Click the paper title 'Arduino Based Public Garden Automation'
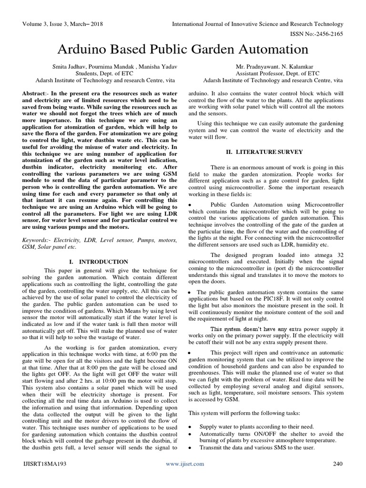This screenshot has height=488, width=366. coord(183,50)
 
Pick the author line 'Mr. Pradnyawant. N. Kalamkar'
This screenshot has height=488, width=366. coord(272,67)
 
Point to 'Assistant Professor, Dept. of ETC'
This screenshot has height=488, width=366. coord(272,74)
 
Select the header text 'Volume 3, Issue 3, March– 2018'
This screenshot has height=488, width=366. coord(62,24)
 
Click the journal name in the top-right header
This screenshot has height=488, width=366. coord(257,24)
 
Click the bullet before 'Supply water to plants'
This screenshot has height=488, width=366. coord(191,427)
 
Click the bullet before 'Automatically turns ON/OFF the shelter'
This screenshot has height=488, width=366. coord(191,434)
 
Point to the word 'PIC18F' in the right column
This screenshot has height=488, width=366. coord(273,298)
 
